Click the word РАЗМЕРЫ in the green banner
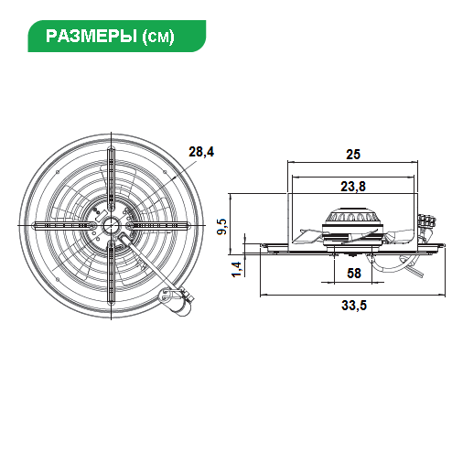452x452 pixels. click(91, 36)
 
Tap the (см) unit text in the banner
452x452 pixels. click(158, 37)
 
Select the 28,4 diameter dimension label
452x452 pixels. click(201, 152)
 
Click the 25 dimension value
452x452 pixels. click(353, 155)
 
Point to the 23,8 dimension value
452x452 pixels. click(353, 187)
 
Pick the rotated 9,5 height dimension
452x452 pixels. click(222, 226)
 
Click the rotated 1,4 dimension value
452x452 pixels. click(237, 269)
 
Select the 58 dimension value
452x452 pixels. click(354, 274)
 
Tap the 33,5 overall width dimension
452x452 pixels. click(354, 306)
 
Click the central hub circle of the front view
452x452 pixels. click(111, 226)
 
